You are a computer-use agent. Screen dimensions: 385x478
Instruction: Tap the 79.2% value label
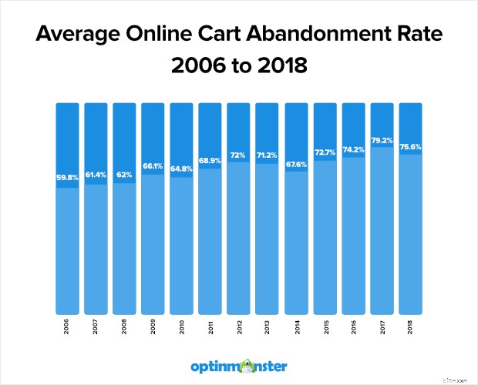click(382, 141)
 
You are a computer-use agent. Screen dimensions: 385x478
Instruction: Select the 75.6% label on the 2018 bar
click(410, 149)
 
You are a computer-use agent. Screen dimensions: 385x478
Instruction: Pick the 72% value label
click(239, 156)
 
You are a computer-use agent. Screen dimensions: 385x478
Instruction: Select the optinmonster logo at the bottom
click(239, 365)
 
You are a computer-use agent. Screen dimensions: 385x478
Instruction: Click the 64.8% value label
click(182, 171)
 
